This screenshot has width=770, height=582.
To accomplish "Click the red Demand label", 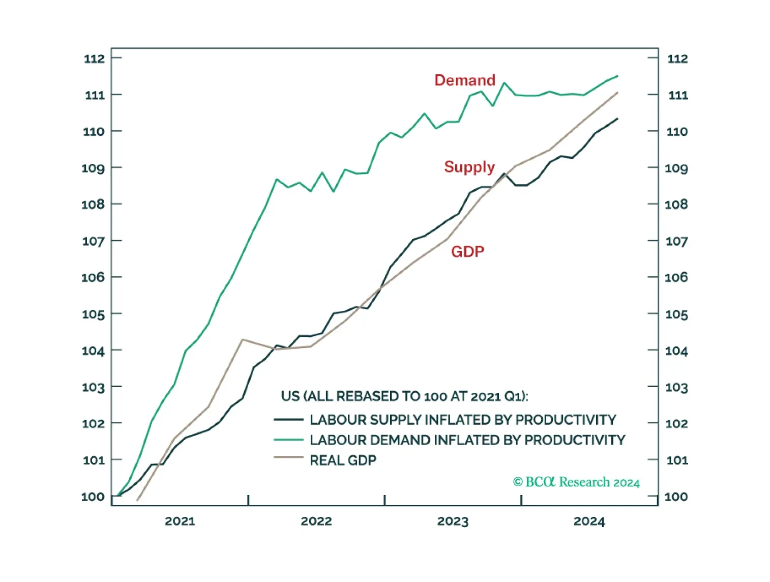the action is [x=465, y=80].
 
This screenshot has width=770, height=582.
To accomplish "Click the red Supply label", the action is [x=469, y=167].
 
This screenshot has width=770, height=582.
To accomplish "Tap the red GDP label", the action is [x=467, y=251].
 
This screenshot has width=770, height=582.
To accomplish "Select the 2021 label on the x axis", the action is [x=180, y=521].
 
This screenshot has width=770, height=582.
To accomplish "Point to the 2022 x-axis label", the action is [x=316, y=521].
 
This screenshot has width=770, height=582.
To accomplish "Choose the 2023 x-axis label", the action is [x=453, y=521].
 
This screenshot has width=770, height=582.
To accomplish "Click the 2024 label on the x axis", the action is [x=589, y=521].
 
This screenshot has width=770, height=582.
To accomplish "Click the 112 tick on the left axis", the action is [x=94, y=58].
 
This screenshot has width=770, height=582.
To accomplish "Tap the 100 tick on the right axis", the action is [x=676, y=497].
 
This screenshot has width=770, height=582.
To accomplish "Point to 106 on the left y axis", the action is [x=93, y=277].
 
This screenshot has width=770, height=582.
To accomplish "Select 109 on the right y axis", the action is [x=676, y=168].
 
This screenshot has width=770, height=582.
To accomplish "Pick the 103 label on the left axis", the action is [x=93, y=387].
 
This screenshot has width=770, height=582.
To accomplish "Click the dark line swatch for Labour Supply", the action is [x=288, y=419].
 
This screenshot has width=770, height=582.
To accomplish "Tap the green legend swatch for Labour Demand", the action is [x=288, y=440].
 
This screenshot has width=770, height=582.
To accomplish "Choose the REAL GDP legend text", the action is [x=343, y=460].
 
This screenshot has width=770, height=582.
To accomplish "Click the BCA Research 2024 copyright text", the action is [x=576, y=482].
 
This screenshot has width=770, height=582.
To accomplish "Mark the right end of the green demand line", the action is [x=617, y=76].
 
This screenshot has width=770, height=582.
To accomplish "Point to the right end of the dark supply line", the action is [x=617, y=119].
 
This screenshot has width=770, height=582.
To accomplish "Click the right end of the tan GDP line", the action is [x=617, y=93].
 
